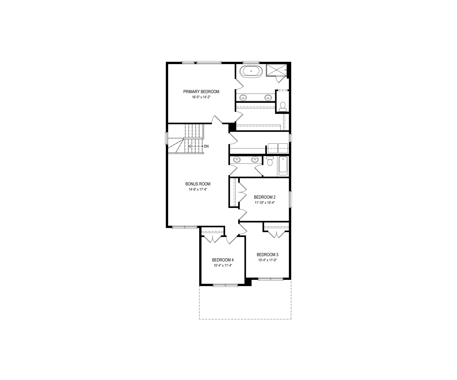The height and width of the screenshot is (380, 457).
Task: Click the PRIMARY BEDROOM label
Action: coord(201,92)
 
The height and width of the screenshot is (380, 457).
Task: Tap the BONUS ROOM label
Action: coord(198,184)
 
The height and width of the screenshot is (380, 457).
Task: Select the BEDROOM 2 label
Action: coord(265,197)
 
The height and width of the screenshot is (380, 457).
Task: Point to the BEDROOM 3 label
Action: coord(268,255)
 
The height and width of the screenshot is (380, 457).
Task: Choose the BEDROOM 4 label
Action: coord(223,260)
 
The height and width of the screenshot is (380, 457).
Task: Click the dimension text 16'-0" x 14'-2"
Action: coord(201,97)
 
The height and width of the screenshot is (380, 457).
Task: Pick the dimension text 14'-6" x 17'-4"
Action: coord(198,189)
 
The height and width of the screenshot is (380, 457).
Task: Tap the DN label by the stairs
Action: coord(206,146)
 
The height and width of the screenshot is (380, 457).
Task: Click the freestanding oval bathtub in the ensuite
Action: coord(251,71)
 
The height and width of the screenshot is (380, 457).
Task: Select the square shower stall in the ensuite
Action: coord(277,70)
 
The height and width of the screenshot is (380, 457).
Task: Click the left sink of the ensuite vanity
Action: coord(243,97)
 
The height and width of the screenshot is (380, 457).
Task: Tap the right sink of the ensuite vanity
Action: coord(268,97)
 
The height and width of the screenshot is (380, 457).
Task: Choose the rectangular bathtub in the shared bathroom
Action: coord(283,166)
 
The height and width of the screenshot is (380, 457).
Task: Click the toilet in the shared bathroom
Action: coord(270,161)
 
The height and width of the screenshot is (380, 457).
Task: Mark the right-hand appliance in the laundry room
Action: coord(283,148)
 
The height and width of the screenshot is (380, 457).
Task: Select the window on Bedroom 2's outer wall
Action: coord(290,199)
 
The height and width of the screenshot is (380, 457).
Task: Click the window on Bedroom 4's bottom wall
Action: coord(225,284)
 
